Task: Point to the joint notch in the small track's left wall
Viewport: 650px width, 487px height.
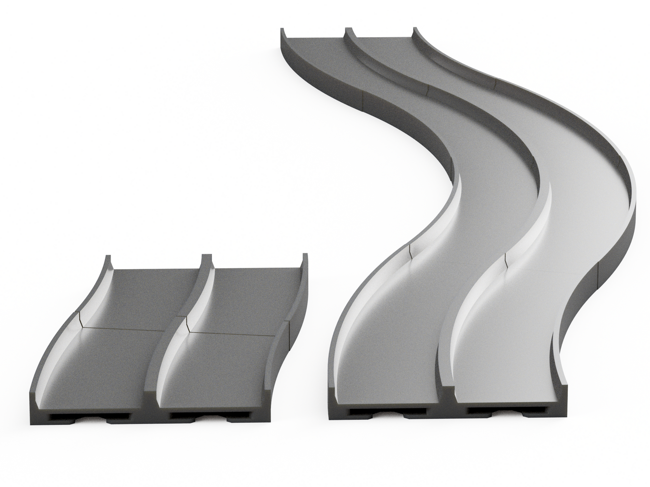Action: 79,318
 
